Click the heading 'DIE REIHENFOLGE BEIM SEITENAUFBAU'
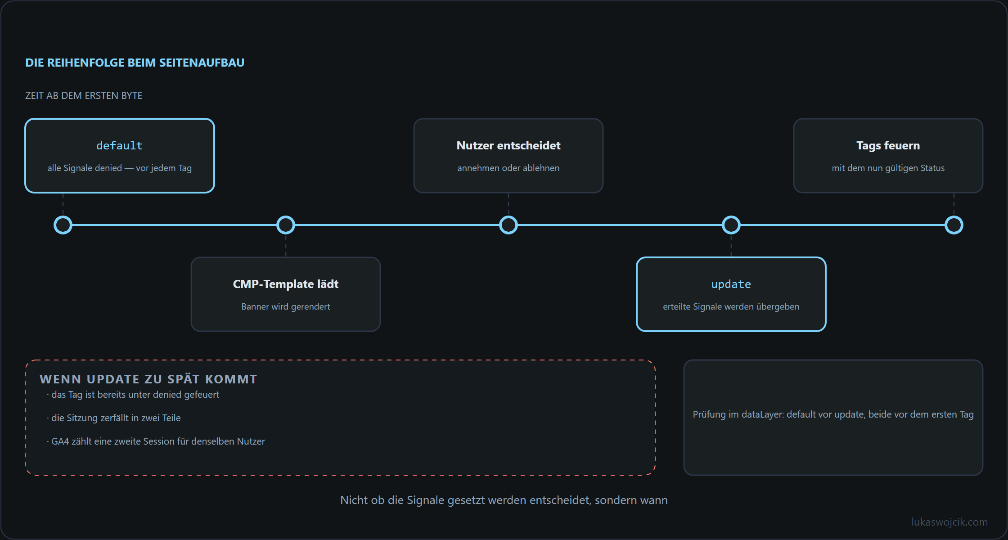tap(135, 63)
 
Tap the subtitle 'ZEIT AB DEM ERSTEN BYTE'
tap(84, 95)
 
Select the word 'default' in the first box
tap(119, 145)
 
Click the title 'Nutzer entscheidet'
tap(508, 145)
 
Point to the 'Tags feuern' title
tap(888, 145)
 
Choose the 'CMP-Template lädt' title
tap(286, 284)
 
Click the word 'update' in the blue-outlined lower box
tap(731, 284)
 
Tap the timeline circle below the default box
tap(63, 225)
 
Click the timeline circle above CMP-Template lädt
tap(286, 225)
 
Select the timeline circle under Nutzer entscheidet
tap(508, 225)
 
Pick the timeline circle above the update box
tap(731, 225)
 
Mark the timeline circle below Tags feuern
tap(954, 225)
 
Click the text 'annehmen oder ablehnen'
tap(508, 168)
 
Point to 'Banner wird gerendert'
tap(286, 306)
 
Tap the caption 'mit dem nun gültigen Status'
tap(888, 168)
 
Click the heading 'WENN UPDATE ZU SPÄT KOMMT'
tap(148, 379)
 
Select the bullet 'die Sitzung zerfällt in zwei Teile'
tap(114, 418)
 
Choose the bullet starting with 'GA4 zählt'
tap(156, 441)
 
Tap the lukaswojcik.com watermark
tap(949, 522)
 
